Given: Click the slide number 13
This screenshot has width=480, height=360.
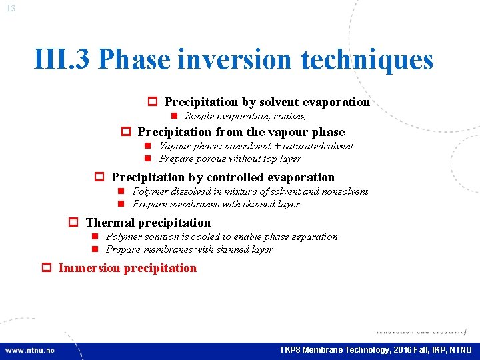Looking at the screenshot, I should coord(10,7).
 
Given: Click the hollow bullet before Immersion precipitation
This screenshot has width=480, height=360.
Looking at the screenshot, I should coord(47,268).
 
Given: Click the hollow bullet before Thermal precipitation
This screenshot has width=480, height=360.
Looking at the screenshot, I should coord(74,223).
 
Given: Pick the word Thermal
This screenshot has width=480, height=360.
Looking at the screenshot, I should coord(110,223).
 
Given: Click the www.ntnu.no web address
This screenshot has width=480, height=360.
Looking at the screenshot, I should coord(30,350).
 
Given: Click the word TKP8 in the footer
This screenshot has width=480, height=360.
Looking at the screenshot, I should coord(290,350).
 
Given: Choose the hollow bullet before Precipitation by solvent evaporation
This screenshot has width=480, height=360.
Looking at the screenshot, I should coord(152,102).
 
